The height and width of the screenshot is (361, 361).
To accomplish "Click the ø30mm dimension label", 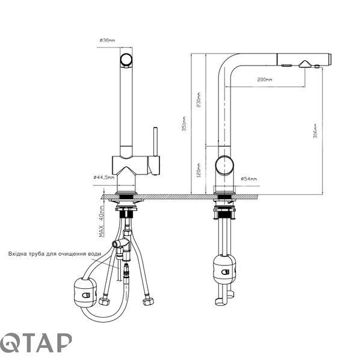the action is (x=107, y=40).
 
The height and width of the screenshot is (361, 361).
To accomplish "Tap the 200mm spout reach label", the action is (x=265, y=79).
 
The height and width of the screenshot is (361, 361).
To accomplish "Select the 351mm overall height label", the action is (x=184, y=123).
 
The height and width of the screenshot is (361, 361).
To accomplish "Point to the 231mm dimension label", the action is (x=199, y=100).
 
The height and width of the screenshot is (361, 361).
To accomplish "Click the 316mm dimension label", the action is (x=315, y=131).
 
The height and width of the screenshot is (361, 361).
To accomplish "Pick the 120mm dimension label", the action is (x=199, y=170).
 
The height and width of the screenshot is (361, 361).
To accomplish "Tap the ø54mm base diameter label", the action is (x=248, y=179).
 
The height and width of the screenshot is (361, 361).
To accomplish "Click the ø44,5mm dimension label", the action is (x=104, y=177).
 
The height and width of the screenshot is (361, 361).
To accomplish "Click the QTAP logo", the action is (x=35, y=342).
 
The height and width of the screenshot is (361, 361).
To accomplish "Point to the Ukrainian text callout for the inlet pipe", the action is (x=55, y=254).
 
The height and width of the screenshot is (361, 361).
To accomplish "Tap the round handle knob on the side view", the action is (x=224, y=165).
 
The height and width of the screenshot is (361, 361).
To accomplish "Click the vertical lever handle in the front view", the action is (x=156, y=141).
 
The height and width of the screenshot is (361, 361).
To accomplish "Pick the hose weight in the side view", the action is (x=224, y=269).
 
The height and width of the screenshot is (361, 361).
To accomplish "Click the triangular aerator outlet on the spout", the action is (x=305, y=64).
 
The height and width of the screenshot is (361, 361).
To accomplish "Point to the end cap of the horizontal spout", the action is (x=330, y=60).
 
